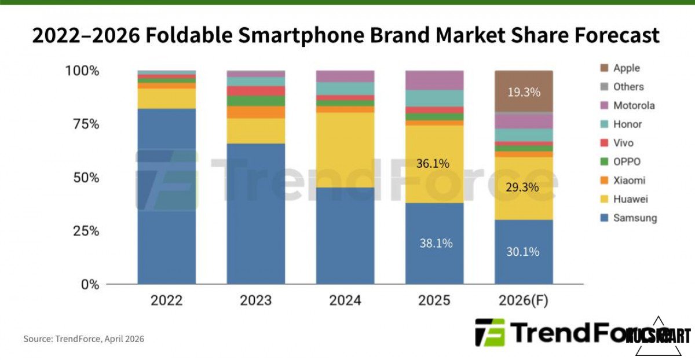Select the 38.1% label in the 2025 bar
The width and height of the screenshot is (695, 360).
point(436,244)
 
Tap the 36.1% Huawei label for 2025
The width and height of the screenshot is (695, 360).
point(433,164)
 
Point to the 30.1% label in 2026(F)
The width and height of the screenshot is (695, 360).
point(523,252)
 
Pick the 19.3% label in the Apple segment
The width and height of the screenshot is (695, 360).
point(524,92)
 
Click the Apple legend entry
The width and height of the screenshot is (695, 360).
point(626,68)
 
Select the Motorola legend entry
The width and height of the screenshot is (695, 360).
point(634,105)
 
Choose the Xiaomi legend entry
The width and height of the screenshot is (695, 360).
point(629,181)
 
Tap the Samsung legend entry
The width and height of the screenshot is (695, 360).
point(635,218)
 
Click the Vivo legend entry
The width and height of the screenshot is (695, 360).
point(623,143)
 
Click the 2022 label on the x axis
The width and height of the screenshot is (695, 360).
point(166,301)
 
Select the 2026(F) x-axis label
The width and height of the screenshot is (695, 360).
point(524,301)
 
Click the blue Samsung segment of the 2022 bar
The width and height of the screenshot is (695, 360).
point(166,197)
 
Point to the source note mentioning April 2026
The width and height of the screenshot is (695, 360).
point(83,339)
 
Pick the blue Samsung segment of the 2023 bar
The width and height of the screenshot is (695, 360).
point(256,214)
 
